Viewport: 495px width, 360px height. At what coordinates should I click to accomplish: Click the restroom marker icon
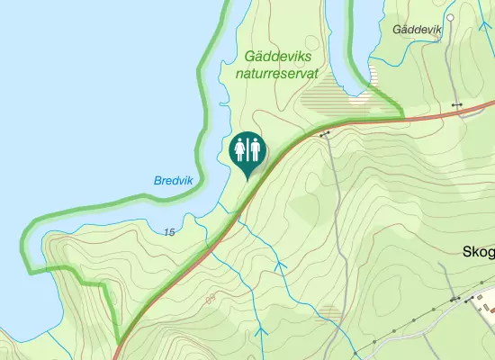(x=247, y=151)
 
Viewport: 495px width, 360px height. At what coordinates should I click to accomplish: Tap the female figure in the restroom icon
(x=241, y=149)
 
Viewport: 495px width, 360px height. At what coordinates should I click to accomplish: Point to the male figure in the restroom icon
(x=255, y=149)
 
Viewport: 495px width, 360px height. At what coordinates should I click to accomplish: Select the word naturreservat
(x=276, y=74)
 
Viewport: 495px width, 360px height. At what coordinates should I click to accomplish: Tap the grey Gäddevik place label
(x=418, y=30)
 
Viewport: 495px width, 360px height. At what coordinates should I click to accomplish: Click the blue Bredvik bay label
(x=174, y=181)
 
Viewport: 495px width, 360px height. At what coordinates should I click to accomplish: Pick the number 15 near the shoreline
(x=169, y=232)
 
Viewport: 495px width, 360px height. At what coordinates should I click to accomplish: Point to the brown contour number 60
(x=211, y=299)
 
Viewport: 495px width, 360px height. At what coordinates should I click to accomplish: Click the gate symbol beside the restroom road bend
(x=324, y=133)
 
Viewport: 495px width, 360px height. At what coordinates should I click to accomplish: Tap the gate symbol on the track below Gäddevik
(x=457, y=105)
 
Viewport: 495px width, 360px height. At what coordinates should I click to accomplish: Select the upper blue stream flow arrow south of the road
(x=277, y=266)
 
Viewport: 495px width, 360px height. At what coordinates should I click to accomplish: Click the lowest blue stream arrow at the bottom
(x=262, y=332)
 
